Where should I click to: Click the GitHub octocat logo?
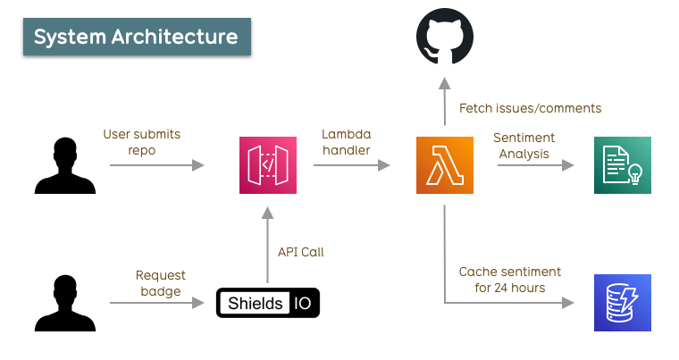coord(445,36)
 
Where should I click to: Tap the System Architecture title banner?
coord(137,37)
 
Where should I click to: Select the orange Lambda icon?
coord(445,165)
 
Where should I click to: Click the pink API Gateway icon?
coord(268,165)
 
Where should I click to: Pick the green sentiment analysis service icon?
coord(623,165)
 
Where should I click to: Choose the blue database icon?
coord(623,303)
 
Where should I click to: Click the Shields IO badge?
coord(268,303)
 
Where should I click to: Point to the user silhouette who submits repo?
coord(65,165)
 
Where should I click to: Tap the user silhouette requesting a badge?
coord(65,303)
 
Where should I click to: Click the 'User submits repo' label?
coord(141,142)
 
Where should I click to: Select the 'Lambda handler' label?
coord(347,142)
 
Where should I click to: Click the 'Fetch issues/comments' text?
coord(530,108)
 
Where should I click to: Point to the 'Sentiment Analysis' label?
coord(524,146)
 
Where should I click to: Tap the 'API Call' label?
coord(300,252)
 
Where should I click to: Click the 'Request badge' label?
coord(160,283)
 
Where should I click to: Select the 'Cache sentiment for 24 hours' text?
coord(509,280)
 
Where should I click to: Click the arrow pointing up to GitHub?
coord(445,101)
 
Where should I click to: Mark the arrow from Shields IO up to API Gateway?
coord(268,245)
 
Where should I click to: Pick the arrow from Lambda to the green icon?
coord(536,165)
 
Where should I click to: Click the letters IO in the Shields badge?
coord(302,303)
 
